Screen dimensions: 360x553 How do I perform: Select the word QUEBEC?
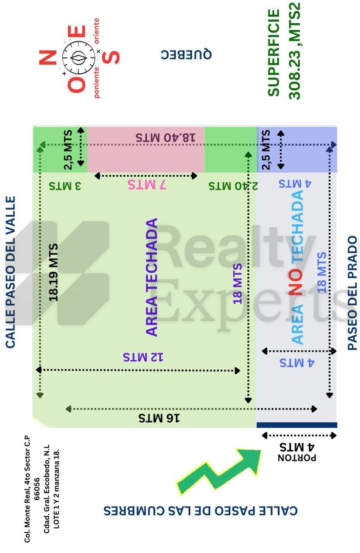coord(186,54)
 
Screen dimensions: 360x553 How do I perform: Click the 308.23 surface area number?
coord(295,74)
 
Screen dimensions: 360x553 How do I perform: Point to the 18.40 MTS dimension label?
coord(165,137)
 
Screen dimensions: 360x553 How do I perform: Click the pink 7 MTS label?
coord(147,184)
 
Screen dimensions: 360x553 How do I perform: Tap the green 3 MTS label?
coord(65,186)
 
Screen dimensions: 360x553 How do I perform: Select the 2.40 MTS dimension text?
coord(233,186)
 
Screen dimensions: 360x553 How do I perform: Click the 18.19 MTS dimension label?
coord(53,273)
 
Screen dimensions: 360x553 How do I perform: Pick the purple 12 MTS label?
coord(143,357)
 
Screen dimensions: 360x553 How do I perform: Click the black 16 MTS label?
coord(159,418)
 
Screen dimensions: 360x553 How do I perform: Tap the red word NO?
coord(295,282)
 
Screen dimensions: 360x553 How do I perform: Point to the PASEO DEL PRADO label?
coord(352,293)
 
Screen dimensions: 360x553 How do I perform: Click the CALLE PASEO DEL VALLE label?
coord(10,272)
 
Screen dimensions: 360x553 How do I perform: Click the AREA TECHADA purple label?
coord(152,277)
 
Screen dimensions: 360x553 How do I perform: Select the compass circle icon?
coord(79,57)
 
